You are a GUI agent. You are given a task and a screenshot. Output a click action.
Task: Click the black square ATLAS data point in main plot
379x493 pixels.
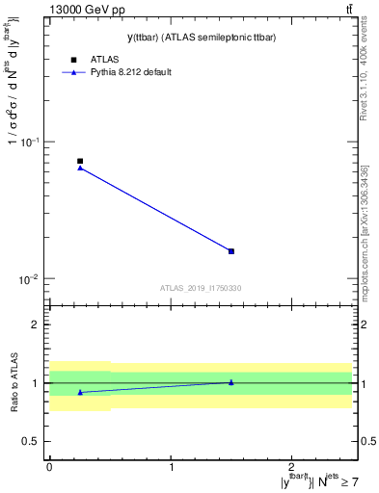80,161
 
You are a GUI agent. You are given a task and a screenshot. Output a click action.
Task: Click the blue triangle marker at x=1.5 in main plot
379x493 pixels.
231,251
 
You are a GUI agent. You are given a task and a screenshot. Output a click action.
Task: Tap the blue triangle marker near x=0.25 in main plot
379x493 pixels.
80,168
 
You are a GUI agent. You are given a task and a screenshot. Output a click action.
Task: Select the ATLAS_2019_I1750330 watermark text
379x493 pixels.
201,288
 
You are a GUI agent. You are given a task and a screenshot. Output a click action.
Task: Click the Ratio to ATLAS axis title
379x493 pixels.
14,383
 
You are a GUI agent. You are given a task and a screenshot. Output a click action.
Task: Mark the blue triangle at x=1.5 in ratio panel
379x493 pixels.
231,382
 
